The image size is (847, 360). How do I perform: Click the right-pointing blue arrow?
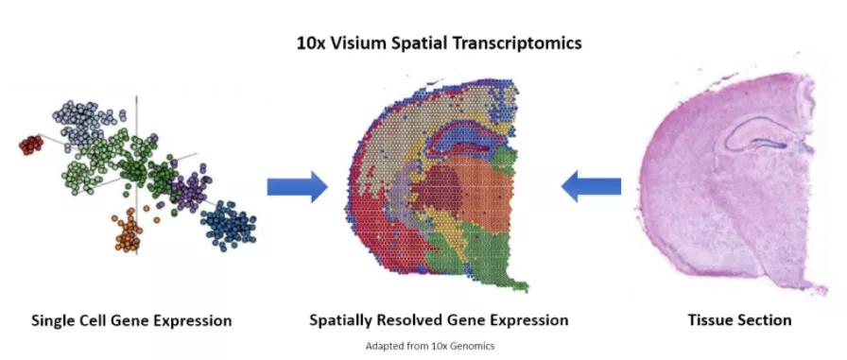click(296, 187)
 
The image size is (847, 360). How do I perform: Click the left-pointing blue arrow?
click(591, 187)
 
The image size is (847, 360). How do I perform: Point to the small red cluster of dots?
click(31, 145)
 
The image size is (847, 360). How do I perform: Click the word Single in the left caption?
click(56, 320)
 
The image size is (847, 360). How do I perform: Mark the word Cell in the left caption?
click(102, 320)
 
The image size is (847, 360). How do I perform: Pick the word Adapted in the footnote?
click(382, 346)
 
